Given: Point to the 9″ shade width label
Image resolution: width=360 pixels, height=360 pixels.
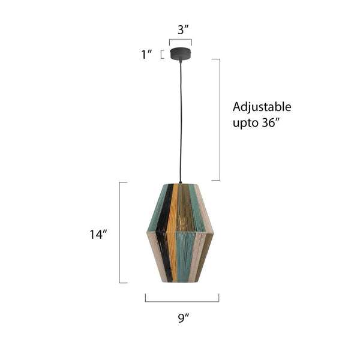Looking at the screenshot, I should (183, 319).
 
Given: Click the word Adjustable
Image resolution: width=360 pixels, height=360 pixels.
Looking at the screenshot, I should (262, 107).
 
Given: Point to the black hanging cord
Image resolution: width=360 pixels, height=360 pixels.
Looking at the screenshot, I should (180, 120).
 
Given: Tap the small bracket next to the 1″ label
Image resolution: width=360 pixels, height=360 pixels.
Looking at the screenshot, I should (162, 54).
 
